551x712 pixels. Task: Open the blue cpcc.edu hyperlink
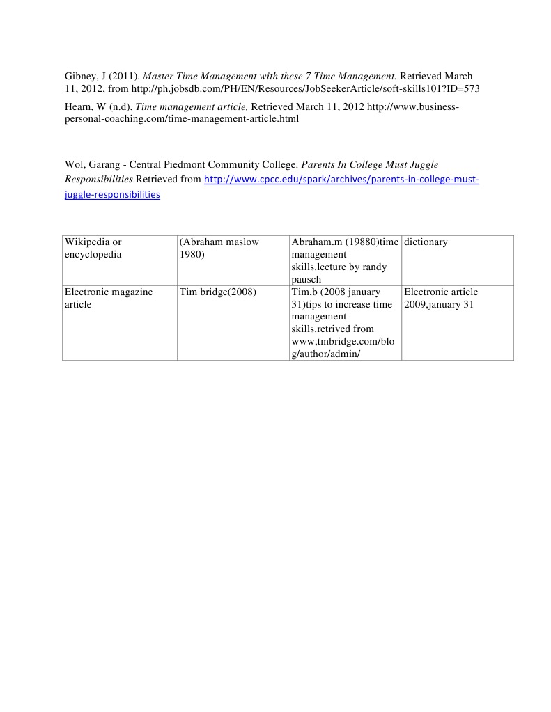click(341, 180)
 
